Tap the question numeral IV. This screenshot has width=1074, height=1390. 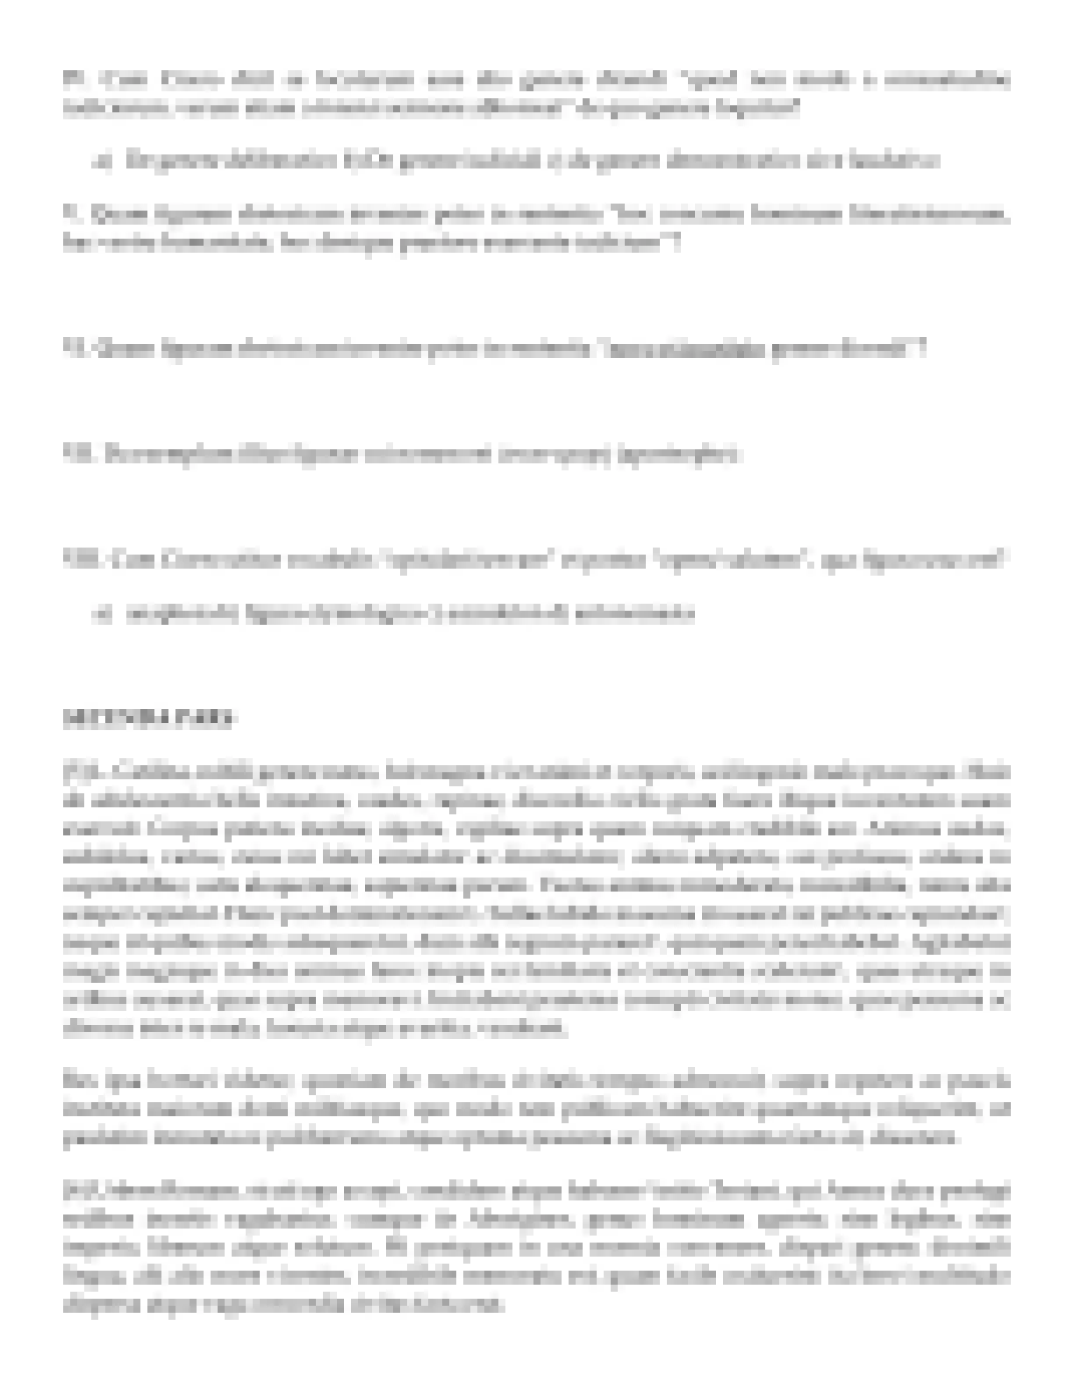pyautogui.click(x=71, y=80)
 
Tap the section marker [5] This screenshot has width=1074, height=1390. pyautogui.click(x=74, y=773)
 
